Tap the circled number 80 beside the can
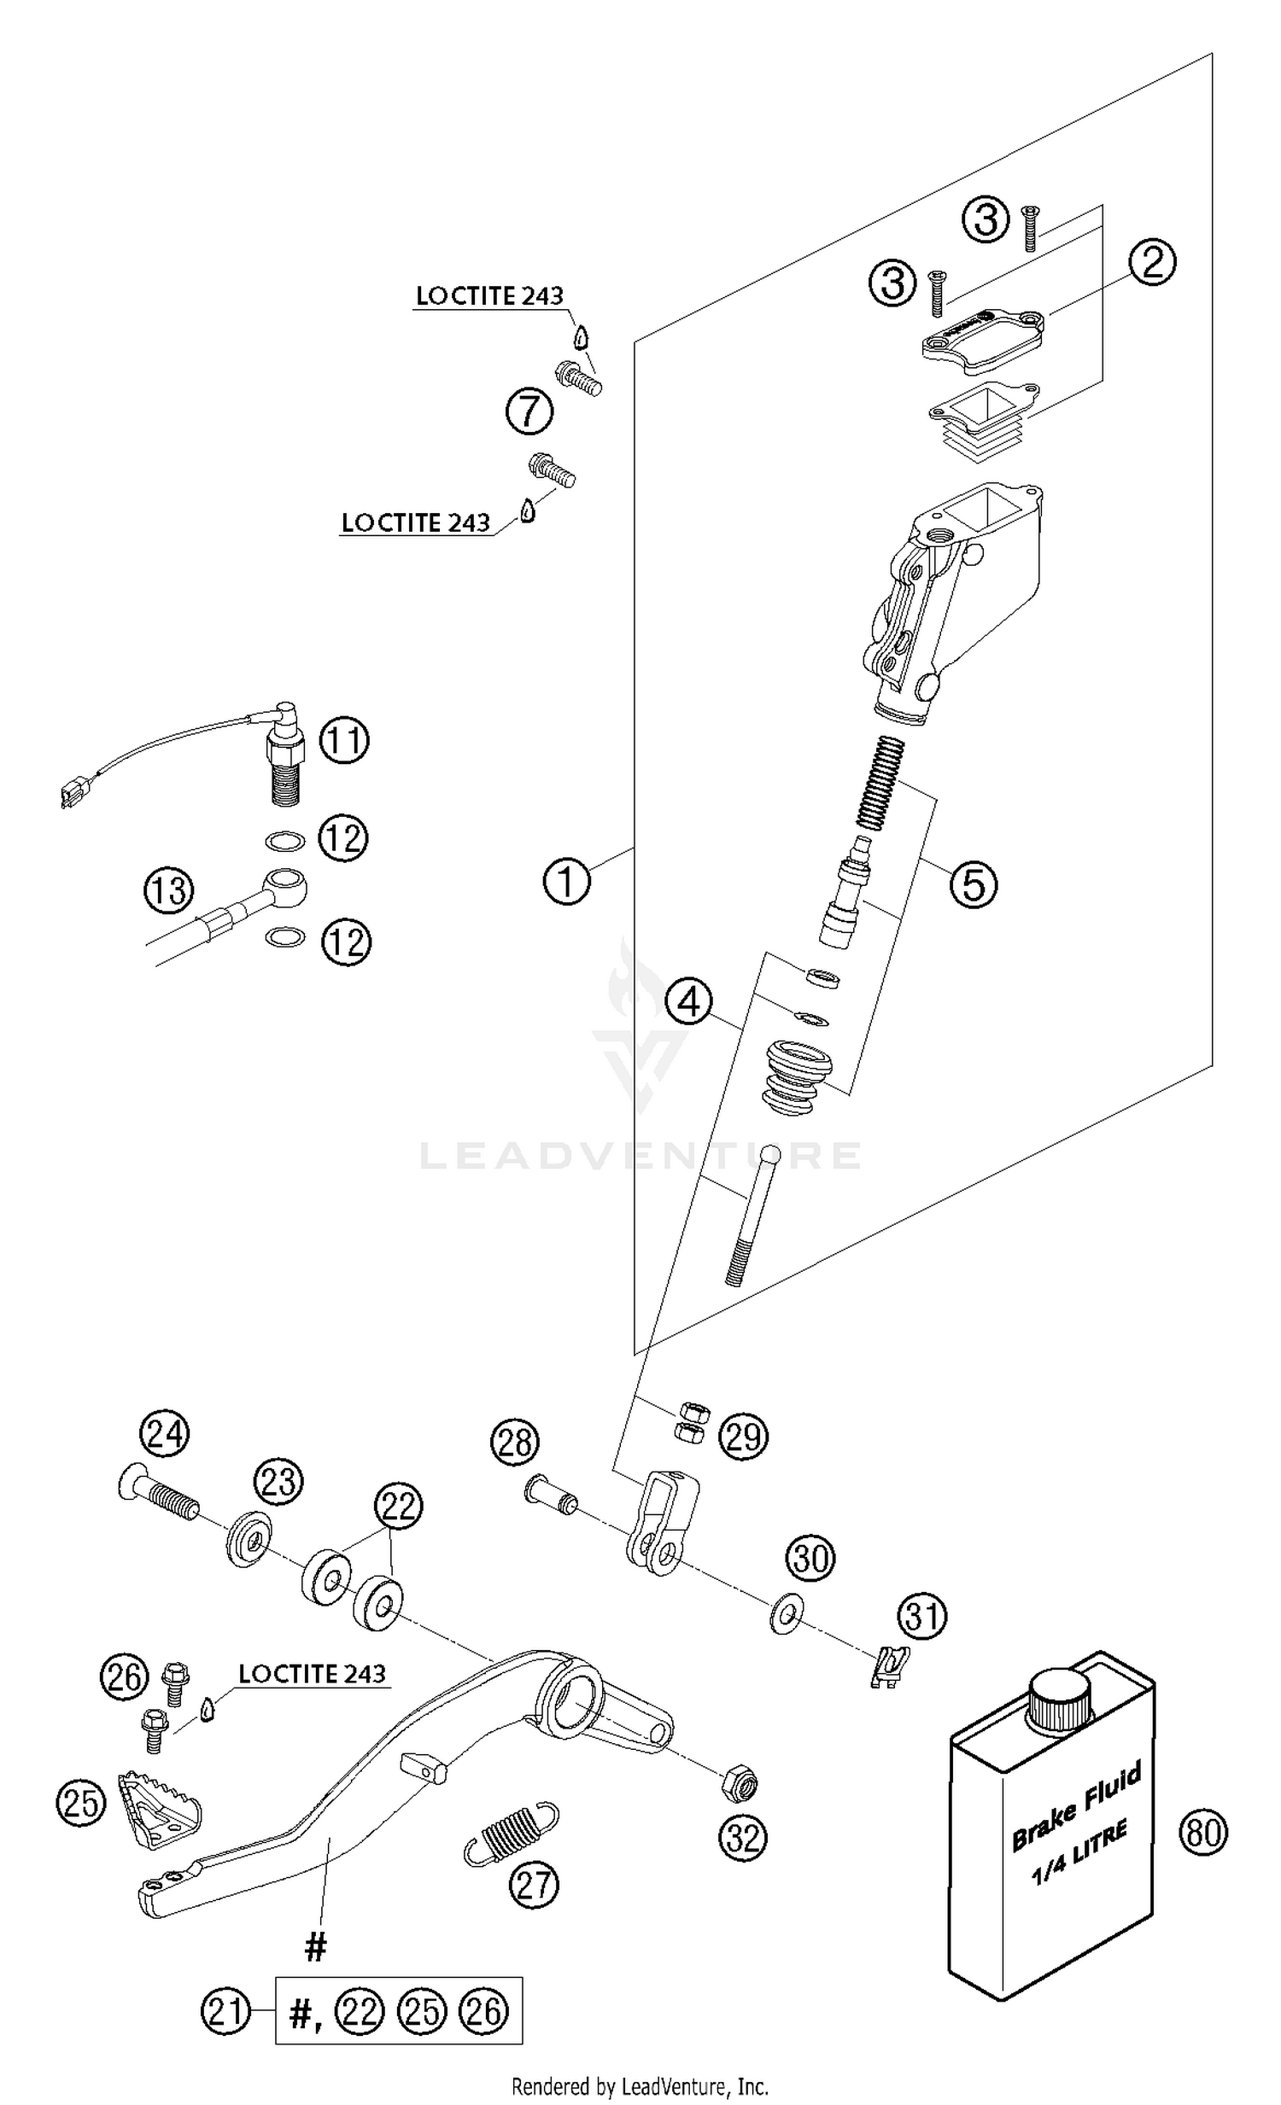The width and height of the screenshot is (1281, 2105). click(x=1203, y=1833)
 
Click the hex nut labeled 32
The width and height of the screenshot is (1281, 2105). click(x=740, y=1784)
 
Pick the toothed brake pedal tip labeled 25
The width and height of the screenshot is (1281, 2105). click(x=160, y=1810)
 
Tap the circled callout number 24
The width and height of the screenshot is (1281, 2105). click(x=165, y=1434)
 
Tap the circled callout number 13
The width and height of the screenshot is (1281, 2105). click(x=168, y=890)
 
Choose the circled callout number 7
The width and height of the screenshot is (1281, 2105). click(x=529, y=411)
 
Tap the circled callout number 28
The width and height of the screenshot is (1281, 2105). click(x=514, y=1443)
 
